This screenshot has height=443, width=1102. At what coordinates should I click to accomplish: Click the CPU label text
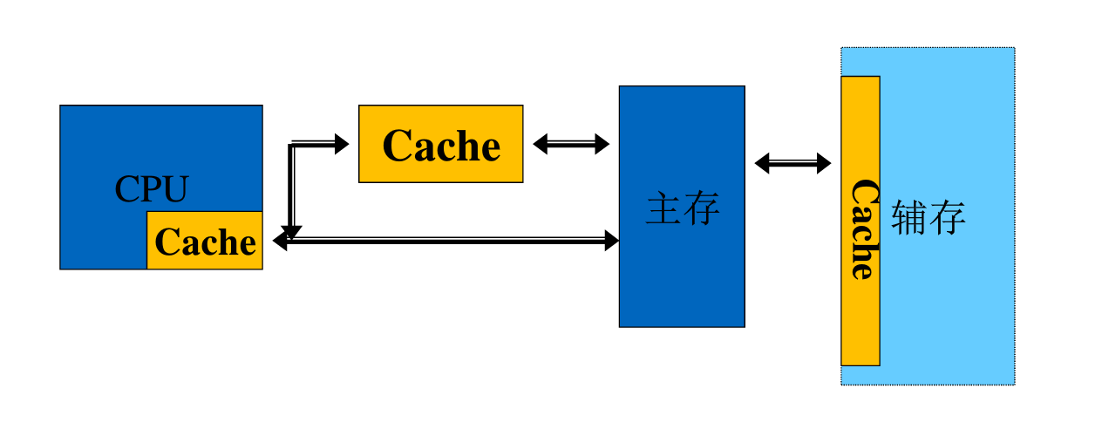click(152, 189)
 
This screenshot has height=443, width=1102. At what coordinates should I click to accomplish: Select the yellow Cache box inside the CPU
click(205, 241)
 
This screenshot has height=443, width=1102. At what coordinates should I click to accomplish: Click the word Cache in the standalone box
click(441, 145)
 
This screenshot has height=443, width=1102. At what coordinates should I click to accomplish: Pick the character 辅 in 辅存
click(909, 218)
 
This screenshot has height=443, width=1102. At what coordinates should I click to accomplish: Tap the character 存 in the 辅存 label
click(948, 218)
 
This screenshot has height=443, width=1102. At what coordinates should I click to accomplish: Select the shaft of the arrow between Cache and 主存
click(571, 144)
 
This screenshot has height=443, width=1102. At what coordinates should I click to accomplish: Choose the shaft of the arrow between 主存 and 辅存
click(792, 163)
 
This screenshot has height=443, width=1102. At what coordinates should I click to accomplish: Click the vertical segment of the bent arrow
click(292, 187)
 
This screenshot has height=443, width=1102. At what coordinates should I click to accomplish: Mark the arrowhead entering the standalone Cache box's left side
click(342, 144)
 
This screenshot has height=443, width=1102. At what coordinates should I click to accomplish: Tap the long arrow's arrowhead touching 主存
click(612, 241)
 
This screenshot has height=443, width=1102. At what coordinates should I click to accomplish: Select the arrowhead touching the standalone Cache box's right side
click(541, 144)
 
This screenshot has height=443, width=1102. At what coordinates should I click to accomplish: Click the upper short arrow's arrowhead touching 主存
click(602, 144)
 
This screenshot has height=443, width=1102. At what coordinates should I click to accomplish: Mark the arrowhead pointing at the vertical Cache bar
click(824, 163)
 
